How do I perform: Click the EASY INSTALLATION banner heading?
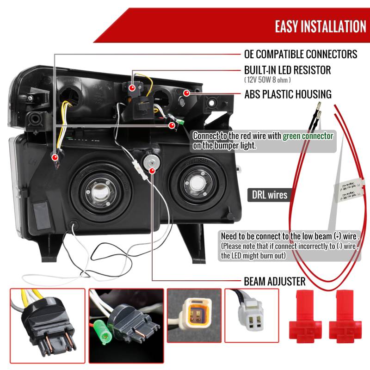pyautogui.click(x=321, y=26)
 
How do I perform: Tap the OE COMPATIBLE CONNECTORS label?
pyautogui.click(x=301, y=54)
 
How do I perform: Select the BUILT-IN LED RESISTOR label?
pyautogui.click(x=287, y=70)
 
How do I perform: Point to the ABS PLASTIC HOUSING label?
pyautogui.click(x=288, y=94)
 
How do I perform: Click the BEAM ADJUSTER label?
pyautogui.click(x=274, y=281)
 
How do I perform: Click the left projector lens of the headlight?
pyautogui.click(x=99, y=187)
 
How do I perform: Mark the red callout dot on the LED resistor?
pyautogui.click(x=132, y=87)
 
